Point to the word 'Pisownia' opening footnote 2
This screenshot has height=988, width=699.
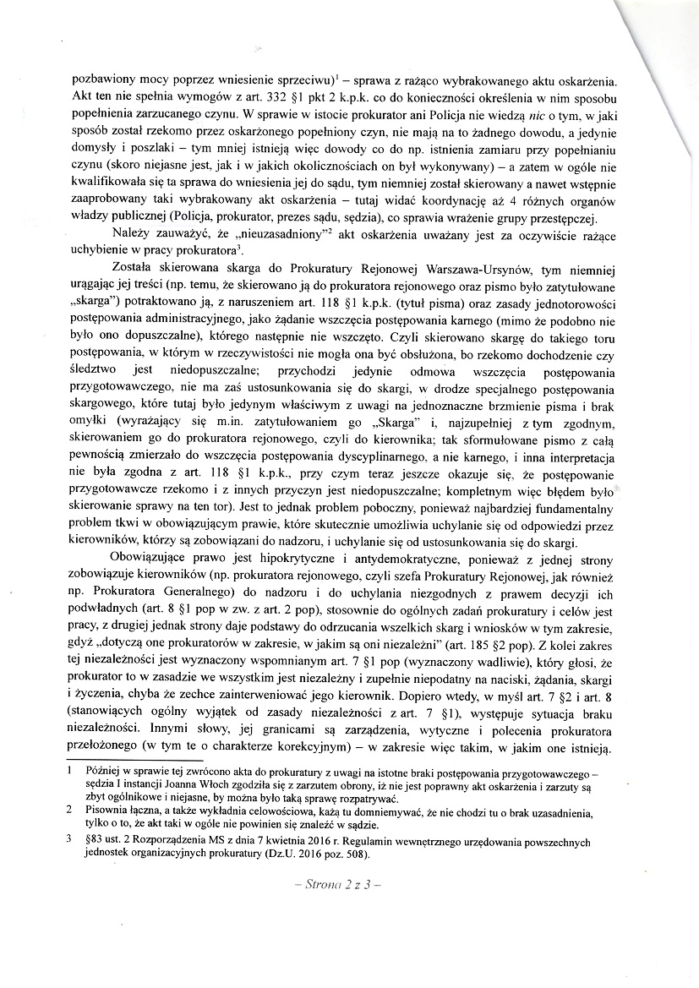[107, 810]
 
